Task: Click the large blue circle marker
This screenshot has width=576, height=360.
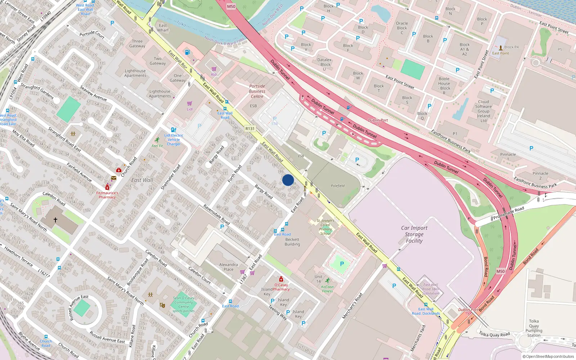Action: (288, 180)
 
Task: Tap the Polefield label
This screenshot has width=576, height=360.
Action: (338, 186)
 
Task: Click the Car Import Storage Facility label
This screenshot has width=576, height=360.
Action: (414, 234)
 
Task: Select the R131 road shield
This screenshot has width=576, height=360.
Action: (250, 129)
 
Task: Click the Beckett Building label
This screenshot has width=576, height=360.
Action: (292, 242)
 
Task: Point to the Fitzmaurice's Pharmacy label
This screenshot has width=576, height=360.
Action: (107, 195)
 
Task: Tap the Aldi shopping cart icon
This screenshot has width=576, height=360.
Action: (214, 69)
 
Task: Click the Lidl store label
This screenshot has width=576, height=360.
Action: (190, 109)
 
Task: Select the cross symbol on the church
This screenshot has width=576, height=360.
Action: (55, 220)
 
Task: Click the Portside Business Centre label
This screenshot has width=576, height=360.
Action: (257, 91)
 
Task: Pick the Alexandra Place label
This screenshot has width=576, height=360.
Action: (229, 267)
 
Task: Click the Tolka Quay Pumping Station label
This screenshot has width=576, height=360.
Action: (534, 328)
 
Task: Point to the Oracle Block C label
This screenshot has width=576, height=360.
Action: (402, 28)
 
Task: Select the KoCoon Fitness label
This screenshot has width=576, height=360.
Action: (327, 289)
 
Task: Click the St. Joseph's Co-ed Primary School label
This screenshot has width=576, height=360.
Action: (325, 227)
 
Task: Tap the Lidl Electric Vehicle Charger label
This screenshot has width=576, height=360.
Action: (174, 140)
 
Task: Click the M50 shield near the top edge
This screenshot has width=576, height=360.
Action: (231, 6)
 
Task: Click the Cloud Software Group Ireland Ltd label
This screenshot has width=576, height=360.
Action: (483, 111)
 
